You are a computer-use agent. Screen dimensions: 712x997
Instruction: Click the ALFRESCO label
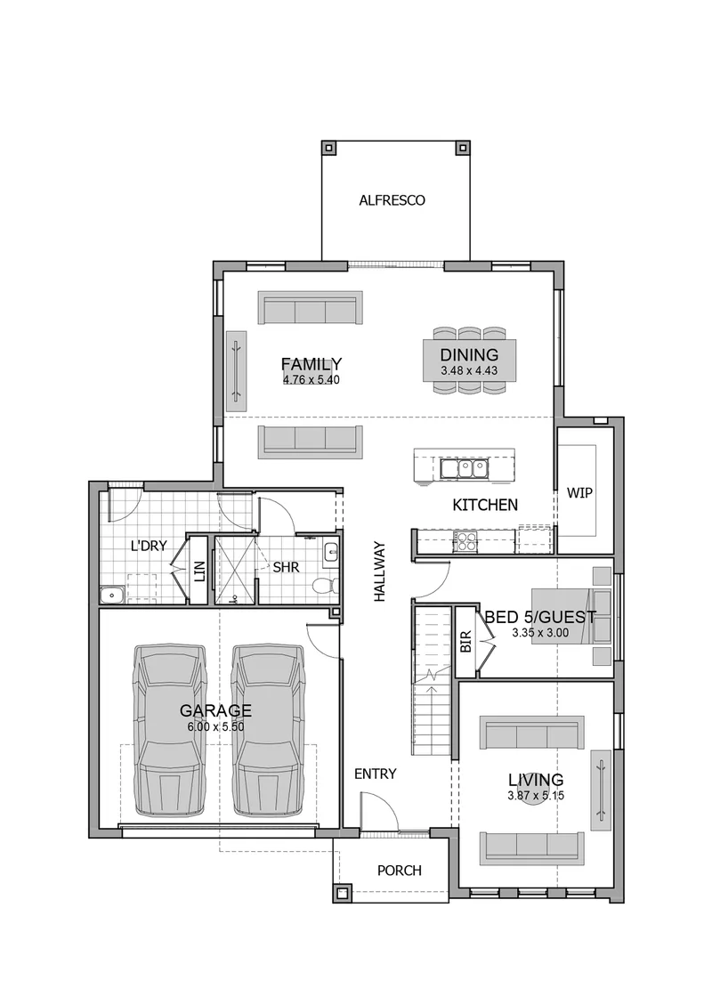tap(392, 200)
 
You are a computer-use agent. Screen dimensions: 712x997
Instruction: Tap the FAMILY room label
tap(311, 364)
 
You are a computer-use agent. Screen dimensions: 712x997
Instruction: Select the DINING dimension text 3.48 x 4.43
tap(469, 370)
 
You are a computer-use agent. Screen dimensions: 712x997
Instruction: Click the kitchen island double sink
tap(464, 468)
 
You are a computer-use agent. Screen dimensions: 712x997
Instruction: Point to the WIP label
tap(579, 493)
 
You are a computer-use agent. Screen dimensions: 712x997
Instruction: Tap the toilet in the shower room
tap(325, 584)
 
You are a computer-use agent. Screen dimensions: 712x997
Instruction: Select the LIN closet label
tap(199, 571)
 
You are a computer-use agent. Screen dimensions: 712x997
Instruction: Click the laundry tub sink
tap(112, 596)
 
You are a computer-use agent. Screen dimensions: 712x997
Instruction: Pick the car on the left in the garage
tap(170, 730)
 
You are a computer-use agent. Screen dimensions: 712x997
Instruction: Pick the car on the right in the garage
tap(268, 730)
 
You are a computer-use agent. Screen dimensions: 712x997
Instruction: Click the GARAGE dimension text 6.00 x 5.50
tap(216, 726)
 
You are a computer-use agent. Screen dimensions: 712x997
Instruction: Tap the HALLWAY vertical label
tap(379, 571)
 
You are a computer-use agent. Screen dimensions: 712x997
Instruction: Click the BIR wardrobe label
tap(465, 641)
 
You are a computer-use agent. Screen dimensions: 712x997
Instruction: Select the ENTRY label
tap(375, 774)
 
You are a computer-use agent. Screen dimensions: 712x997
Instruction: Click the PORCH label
tap(400, 871)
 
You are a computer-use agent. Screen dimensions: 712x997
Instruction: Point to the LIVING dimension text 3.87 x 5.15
tap(536, 796)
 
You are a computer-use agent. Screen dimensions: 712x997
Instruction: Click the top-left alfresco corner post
tap(328, 148)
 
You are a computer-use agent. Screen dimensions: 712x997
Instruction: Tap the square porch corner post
tap(342, 894)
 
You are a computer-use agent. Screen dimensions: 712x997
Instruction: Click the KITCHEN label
tap(485, 505)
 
